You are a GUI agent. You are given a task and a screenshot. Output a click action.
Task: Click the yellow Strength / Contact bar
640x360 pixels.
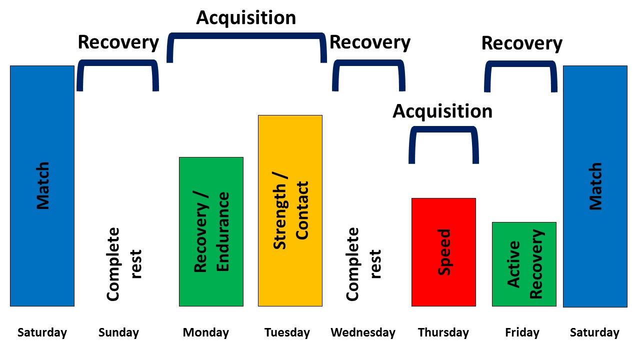(x=290, y=210)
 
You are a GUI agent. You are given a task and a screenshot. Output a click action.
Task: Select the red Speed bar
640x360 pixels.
(x=443, y=252)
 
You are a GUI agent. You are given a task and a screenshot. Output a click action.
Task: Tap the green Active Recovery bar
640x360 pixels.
(x=524, y=264)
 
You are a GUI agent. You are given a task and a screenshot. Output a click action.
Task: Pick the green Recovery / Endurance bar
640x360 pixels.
(x=211, y=231)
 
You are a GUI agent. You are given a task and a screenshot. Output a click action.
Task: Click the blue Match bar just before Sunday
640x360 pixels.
(x=42, y=185)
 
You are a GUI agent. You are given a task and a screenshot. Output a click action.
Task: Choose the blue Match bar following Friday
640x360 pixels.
(x=595, y=186)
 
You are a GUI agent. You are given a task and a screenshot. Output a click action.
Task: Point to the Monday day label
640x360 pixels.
(x=205, y=332)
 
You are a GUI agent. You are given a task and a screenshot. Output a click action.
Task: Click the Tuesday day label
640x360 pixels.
(x=287, y=332)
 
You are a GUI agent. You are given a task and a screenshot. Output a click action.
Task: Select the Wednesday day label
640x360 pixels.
(x=363, y=332)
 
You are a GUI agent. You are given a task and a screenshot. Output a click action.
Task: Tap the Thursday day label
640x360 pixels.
(x=443, y=332)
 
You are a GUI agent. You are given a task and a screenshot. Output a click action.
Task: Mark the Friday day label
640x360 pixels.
(x=522, y=332)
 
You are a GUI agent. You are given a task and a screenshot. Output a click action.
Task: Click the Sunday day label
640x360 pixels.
(x=118, y=332)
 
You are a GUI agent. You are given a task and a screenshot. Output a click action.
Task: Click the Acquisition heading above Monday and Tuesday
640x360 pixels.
(x=246, y=17)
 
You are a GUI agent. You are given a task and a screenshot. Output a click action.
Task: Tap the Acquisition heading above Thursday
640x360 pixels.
(x=442, y=111)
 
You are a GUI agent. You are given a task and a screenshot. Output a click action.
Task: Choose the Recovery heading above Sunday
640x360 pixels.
(x=118, y=42)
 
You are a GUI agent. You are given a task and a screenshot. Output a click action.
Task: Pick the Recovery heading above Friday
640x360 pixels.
(x=521, y=43)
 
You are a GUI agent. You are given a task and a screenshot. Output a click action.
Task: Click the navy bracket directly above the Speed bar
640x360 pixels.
(x=443, y=130)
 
